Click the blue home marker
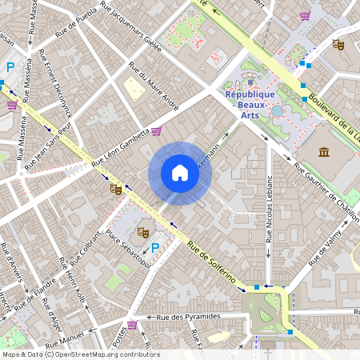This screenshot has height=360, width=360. pos(180,173)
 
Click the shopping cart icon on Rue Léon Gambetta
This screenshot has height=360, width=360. pos(156,131)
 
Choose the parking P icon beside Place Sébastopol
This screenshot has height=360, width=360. pos(155,248)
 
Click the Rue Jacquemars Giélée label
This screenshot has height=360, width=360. pos(131,24)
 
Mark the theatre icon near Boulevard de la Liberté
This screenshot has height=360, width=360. pos(338,45)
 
